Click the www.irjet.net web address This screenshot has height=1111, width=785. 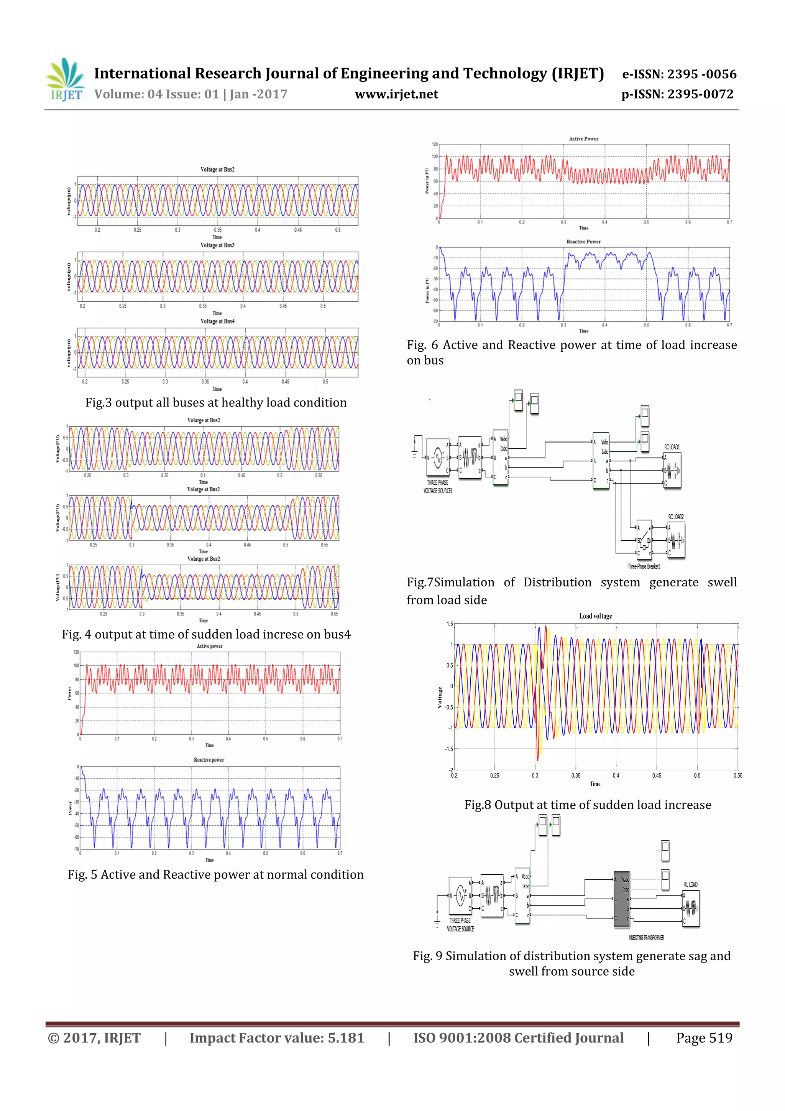pos(396,94)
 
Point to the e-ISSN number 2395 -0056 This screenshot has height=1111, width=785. pos(679,74)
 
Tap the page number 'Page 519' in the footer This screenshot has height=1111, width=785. pos(704,1037)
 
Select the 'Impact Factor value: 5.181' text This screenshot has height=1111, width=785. pos(276,1037)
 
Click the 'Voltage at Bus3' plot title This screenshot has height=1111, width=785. pos(217,245)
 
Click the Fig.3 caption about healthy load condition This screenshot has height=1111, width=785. pos(216,403)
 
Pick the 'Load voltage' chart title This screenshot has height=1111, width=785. pos(595,616)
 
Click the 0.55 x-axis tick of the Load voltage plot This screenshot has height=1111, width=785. pos(737,776)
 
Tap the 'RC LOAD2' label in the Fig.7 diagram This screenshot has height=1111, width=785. pos(676,517)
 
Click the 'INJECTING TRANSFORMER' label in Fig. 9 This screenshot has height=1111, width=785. pos(646,937)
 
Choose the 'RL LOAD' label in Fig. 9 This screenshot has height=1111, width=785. pos(690,884)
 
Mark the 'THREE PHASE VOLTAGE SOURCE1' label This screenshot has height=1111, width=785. pos(438,486)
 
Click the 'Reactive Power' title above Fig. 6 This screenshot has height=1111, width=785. pos(583,242)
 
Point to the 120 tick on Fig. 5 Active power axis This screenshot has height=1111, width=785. pos(76,652)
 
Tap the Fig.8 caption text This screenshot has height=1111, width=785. pos(588,805)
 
